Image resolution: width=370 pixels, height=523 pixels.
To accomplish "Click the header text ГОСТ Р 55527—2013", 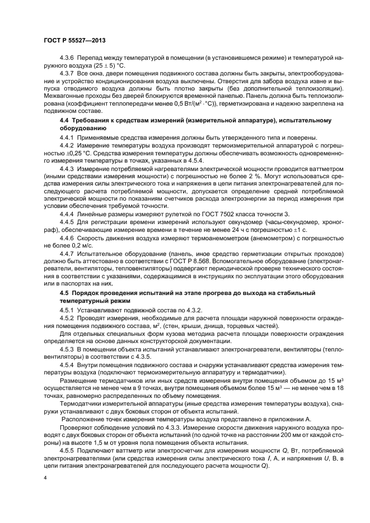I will [74, 41].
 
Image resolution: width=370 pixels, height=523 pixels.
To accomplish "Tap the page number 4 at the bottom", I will [44, 479].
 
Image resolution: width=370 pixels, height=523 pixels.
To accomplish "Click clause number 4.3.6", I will [67, 59].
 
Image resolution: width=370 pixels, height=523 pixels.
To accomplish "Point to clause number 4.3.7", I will [67, 73].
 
